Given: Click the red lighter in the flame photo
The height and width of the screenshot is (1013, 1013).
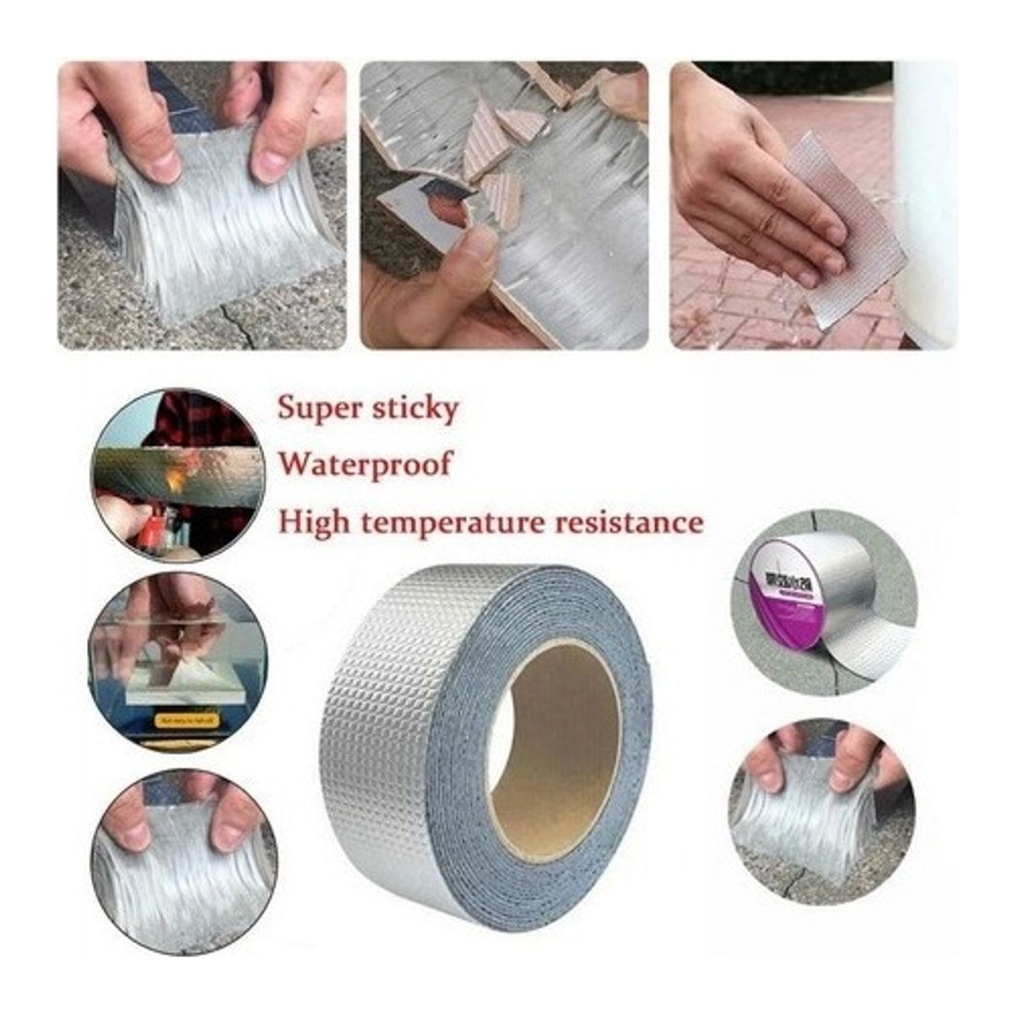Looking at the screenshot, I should (x=152, y=532).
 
